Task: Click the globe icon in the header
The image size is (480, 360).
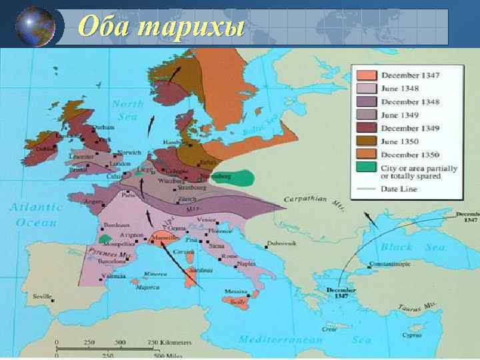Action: click(34, 26)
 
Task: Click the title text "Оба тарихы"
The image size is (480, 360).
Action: click(161, 27)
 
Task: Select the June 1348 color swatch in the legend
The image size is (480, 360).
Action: click(366, 88)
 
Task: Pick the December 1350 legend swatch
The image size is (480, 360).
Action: click(366, 155)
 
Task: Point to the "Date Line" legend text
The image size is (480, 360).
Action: click(400, 189)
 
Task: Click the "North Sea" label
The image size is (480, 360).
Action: click(127, 109)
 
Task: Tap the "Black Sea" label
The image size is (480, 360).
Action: click(403, 247)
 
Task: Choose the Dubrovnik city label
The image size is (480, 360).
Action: click(280, 243)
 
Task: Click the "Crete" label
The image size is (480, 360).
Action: click(329, 328)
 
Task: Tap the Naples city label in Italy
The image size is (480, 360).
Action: click(245, 264)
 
